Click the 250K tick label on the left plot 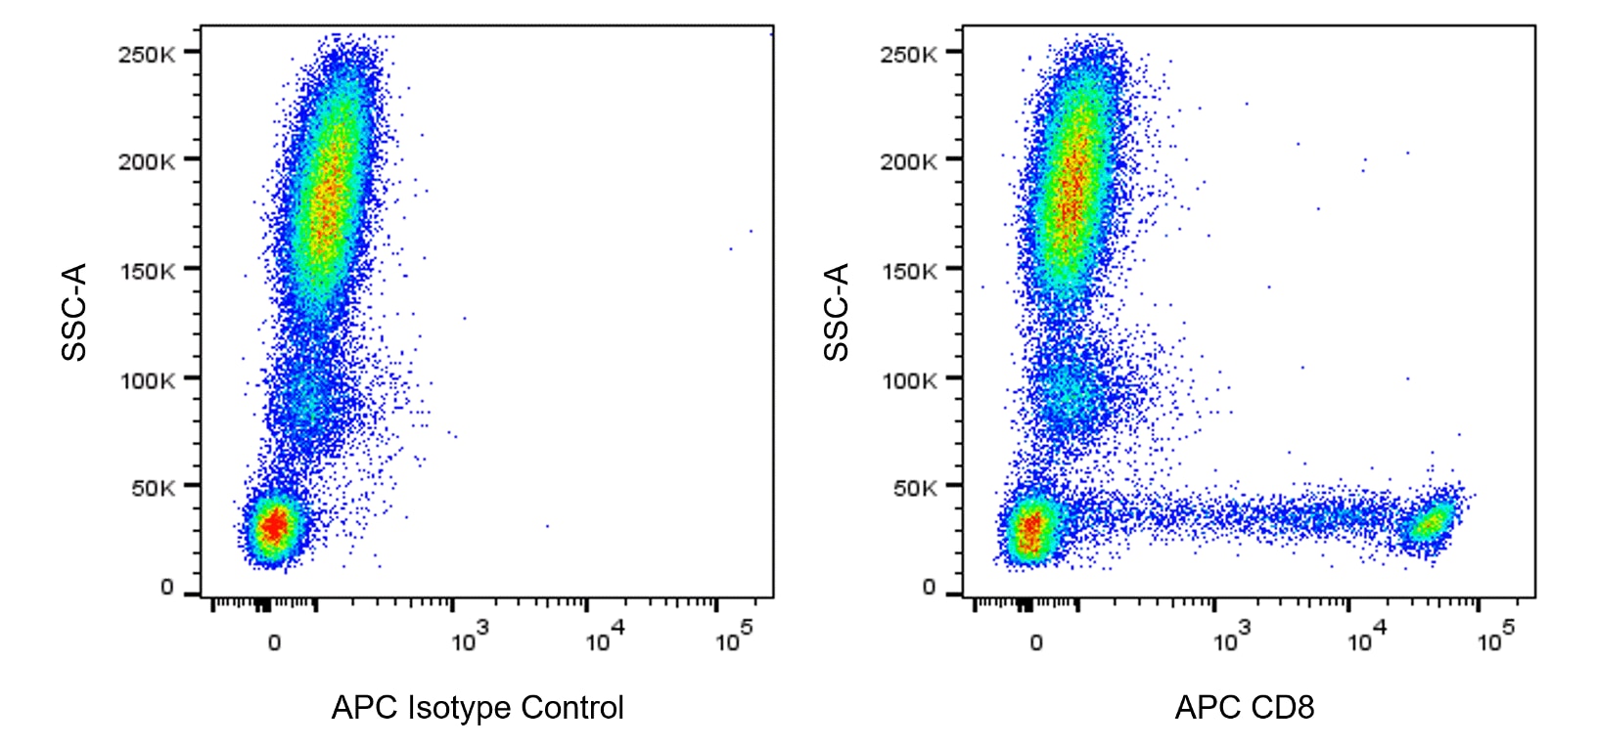147,54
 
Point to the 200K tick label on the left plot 147,161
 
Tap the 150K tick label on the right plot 908,271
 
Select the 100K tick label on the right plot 908,380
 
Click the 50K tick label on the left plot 153,488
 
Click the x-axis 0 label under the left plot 274,642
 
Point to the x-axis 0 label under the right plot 1036,642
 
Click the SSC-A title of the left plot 74,312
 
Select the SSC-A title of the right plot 837,312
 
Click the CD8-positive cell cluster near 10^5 1432,523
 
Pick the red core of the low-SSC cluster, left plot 275,526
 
